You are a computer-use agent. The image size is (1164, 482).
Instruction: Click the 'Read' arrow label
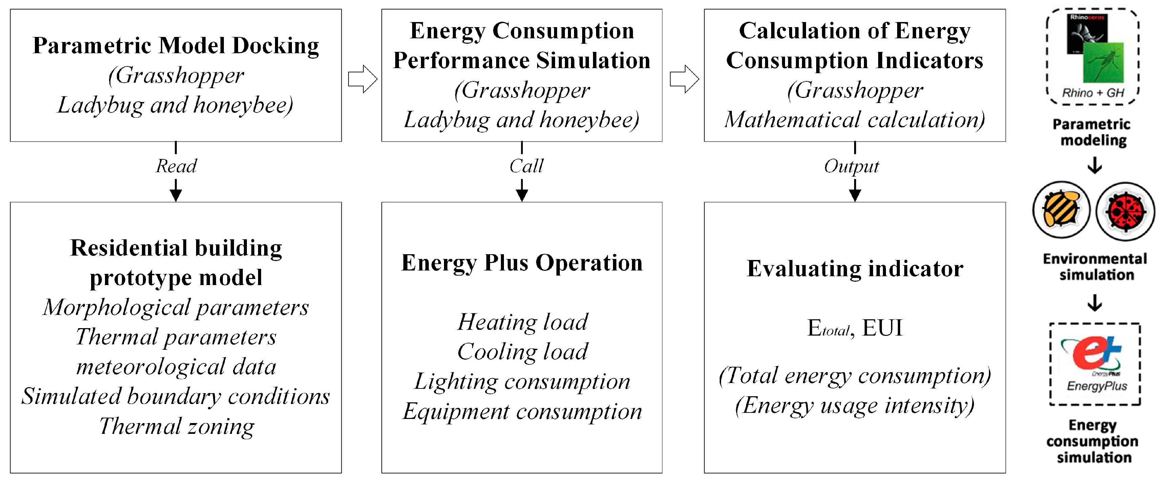[x=176, y=166]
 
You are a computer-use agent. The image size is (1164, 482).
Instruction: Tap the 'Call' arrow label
[x=526, y=166]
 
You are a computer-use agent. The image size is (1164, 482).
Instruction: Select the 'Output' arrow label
[x=851, y=166]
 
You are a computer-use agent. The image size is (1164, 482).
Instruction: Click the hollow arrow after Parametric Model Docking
[x=362, y=79]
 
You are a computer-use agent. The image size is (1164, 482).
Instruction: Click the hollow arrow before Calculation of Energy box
[x=684, y=79]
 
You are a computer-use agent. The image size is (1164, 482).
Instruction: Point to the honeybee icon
[x=1061, y=210]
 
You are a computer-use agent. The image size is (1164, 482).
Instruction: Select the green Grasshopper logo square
[x=1103, y=63]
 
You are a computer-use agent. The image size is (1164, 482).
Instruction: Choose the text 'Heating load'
[x=522, y=322]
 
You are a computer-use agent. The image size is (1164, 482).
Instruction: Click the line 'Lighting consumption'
[x=522, y=381]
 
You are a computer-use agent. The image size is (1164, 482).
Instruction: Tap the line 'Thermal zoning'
[x=176, y=426]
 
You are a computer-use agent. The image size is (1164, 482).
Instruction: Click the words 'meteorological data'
[x=176, y=366]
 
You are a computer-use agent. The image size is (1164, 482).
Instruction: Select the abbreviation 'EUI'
[x=882, y=327]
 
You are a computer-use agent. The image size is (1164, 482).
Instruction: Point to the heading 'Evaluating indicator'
[x=855, y=268]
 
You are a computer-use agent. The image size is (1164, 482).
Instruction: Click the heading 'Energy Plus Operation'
[x=522, y=263]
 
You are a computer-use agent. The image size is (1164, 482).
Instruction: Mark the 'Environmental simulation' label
[x=1095, y=267]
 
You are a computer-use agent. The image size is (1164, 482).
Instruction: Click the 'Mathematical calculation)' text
[x=855, y=120]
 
